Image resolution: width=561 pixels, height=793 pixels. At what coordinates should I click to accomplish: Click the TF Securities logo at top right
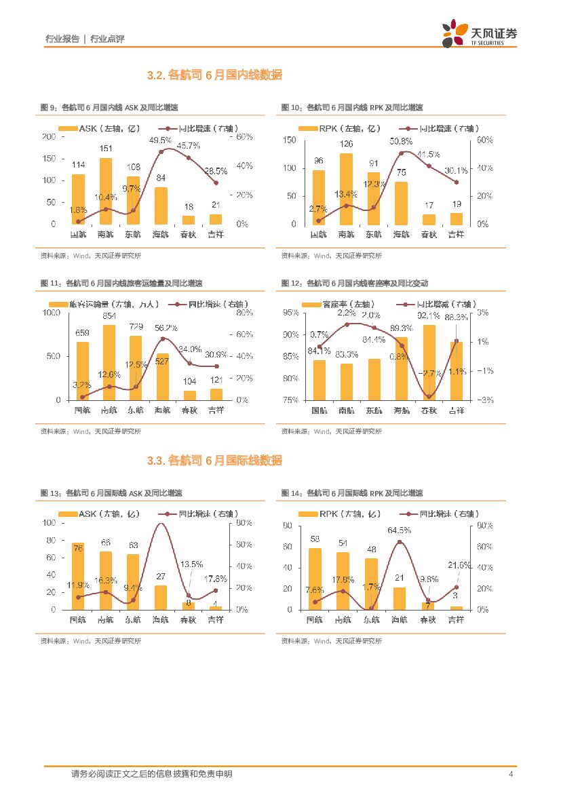pos(479,33)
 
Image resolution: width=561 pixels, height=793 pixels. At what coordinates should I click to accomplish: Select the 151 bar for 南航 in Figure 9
pos(106,191)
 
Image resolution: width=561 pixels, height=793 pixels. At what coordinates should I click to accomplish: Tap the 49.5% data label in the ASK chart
pos(161,140)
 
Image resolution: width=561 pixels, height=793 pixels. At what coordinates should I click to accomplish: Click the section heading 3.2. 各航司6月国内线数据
pos(214,75)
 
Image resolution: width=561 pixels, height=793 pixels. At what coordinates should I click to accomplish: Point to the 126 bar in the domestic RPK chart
pos(346,189)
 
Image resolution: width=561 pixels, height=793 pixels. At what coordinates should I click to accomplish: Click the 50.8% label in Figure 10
pos(401,141)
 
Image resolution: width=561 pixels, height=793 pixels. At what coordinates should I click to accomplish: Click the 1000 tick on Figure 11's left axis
pos(52,313)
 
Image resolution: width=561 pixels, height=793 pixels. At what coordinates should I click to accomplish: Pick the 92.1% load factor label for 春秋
pos(429,315)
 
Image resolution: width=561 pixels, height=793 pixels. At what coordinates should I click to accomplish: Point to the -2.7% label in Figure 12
pos(430,373)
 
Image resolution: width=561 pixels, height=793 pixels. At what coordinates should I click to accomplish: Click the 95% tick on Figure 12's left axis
pos(290,313)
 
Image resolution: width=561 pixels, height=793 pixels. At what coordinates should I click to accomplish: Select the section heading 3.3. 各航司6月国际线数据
pos(214,461)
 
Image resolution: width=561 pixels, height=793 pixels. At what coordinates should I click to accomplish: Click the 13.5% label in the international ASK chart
pos(192,564)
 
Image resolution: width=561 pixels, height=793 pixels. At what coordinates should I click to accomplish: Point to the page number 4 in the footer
pos(510,774)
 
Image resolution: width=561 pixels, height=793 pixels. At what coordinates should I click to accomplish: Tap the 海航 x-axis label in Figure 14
pos(400,619)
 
